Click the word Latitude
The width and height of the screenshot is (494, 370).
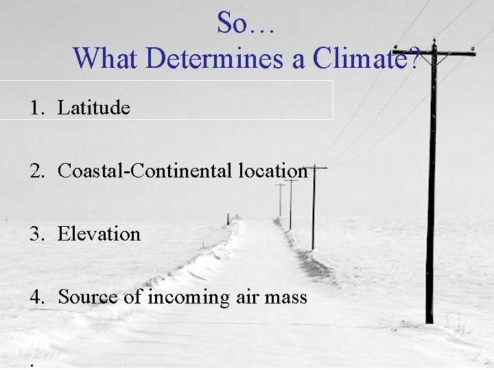pos(93,108)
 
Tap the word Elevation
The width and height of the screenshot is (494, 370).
pos(99,234)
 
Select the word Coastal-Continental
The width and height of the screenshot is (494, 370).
pos(145,171)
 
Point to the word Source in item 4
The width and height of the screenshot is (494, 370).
pos(87,297)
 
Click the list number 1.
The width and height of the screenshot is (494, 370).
pos(35,108)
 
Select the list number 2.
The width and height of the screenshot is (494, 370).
pos(35,171)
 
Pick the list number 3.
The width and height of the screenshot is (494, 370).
pos(35,234)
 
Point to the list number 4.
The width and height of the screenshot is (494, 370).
pos(35,297)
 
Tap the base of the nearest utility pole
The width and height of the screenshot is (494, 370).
pos(429,319)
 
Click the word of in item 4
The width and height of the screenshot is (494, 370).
pos(133,297)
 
